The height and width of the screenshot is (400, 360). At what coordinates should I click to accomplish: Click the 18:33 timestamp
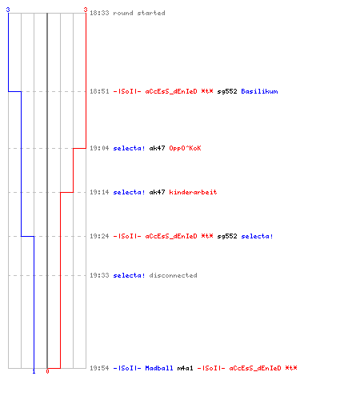pos(99,13)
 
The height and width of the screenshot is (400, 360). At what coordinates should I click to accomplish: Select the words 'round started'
pos(139,13)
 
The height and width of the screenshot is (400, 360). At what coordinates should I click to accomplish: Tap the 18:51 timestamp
pos(99,91)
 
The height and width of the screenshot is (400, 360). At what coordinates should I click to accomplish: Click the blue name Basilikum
pos(259,91)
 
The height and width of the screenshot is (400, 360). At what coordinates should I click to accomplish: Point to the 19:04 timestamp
pos(99,148)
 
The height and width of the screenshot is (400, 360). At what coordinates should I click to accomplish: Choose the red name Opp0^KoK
pos(185,148)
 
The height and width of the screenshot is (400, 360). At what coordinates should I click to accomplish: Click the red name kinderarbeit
pos(193,192)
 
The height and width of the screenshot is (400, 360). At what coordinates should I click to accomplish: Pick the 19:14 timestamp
pos(99,192)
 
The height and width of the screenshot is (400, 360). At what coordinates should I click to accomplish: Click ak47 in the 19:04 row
pos(157,148)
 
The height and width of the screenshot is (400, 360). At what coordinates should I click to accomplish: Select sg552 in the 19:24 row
pos(227,236)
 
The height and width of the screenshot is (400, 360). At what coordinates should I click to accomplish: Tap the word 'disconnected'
pos(173,275)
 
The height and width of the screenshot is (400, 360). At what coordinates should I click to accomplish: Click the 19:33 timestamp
pos(99,275)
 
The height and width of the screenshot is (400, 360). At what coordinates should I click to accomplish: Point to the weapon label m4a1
pos(185,368)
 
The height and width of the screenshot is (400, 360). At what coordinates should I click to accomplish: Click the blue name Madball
pos(159,368)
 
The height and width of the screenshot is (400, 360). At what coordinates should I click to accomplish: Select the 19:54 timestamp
pos(99,368)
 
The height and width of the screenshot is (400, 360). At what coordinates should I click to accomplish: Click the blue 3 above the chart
pos(8,10)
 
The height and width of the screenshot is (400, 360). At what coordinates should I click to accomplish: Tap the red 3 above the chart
pos(86,10)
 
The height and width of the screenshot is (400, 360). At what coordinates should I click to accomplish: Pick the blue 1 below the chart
pos(34,372)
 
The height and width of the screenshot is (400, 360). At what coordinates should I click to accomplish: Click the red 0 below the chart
pos(47,371)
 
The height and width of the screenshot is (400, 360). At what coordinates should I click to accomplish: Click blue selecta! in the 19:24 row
pos(257,236)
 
